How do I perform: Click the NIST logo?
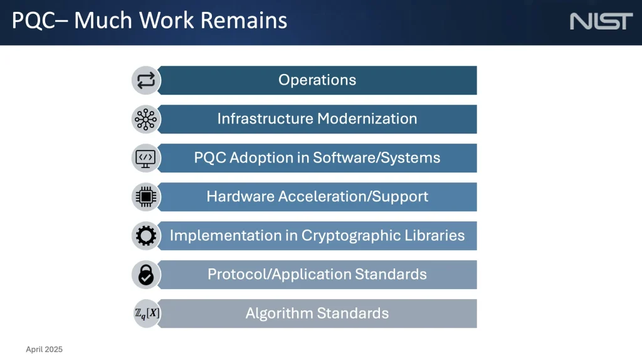tap(601, 21)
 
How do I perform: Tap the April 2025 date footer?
tap(45, 349)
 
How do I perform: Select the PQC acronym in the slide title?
tap(33, 21)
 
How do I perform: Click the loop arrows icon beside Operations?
tap(145, 80)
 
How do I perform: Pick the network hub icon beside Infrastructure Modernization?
tap(145, 119)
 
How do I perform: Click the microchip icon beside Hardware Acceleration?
tap(145, 197)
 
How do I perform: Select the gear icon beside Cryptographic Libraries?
tap(145, 236)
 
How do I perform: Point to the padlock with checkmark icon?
tap(145, 275)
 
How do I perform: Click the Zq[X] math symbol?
tap(147, 314)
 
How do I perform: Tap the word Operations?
tap(317, 80)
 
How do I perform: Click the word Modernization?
tap(367, 119)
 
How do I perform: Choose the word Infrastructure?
tap(265, 119)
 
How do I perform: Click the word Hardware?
tap(240, 196)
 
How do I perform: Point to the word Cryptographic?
tap(351, 236)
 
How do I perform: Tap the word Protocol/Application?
tap(280, 275)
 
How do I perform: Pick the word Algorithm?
tap(279, 314)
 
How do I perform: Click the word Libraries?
tap(435, 235)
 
